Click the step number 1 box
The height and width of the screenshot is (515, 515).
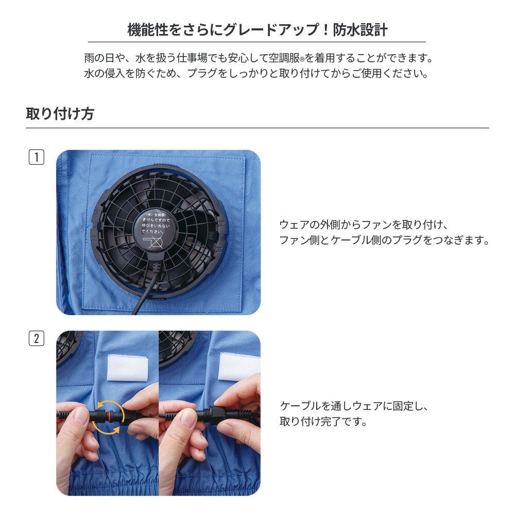tap(36, 157)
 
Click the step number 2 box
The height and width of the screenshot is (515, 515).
tap(36, 338)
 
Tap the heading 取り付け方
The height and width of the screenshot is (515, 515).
tap(60, 114)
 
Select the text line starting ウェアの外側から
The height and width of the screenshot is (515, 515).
tap(365, 225)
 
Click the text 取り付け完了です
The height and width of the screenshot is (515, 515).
tap(323, 421)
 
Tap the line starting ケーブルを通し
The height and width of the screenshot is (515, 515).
tap(354, 406)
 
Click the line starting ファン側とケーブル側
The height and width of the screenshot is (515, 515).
tap(384, 240)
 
